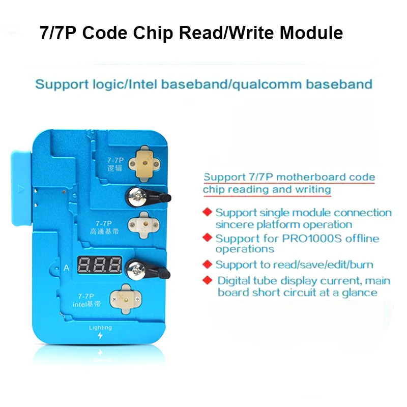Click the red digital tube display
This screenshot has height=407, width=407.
pyautogui.click(x=100, y=265)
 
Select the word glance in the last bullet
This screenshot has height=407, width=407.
pyautogui.click(x=360, y=292)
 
